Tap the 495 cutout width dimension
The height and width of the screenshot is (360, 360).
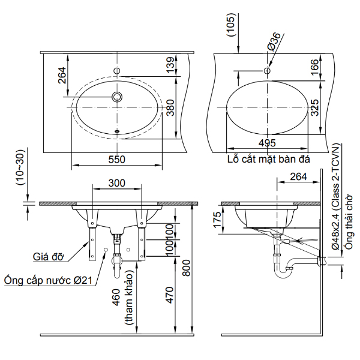coord(268,143)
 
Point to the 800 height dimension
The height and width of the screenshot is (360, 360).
coord(186,271)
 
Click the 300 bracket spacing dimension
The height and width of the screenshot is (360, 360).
coord(116,182)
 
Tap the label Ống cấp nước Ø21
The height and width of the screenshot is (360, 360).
coord(47,280)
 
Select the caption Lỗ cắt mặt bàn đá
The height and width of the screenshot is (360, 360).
coord(268,160)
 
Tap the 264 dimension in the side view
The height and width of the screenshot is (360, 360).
coord(298,176)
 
